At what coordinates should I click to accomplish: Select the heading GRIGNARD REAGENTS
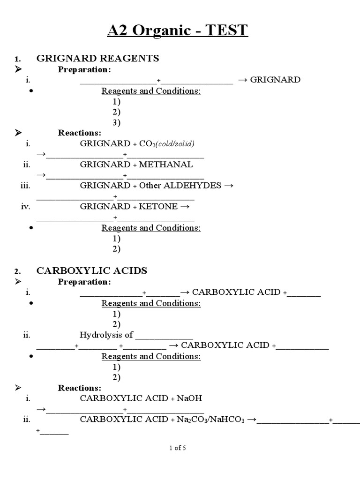pos(97,58)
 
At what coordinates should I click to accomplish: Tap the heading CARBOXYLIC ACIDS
pos(92,270)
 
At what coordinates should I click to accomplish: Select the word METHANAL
pos(166,165)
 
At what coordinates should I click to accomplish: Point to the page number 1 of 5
pos(178,448)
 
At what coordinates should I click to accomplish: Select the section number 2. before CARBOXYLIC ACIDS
pos(17,271)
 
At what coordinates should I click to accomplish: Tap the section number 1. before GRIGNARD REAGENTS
pos(17,59)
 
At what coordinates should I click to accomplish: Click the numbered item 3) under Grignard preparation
pos(116,122)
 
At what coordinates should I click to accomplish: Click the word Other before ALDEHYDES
pos(150,185)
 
